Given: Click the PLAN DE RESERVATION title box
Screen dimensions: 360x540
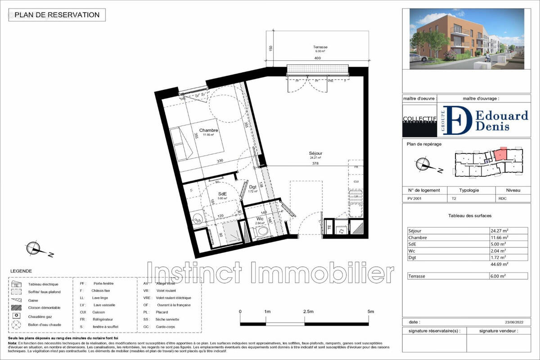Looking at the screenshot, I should coord(57,15).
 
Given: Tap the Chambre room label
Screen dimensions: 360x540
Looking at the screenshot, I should coord(209,130).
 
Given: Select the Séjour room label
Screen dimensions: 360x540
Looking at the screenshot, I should coord(315,153).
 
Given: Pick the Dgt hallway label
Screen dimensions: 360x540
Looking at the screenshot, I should coord(252,187).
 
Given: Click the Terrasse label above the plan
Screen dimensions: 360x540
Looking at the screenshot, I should coord(320,47).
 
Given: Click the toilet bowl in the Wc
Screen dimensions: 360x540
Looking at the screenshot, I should coord(262,231).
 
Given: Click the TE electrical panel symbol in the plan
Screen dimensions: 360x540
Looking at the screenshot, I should coord(329,227).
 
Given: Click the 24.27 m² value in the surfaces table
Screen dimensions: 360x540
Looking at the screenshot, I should coord(499,231).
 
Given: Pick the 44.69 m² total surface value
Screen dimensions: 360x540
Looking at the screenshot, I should coord(499,265).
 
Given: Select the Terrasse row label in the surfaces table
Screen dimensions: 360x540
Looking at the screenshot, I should coord(416,276).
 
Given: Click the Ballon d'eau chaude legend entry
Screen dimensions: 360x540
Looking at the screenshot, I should coord(45,324).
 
